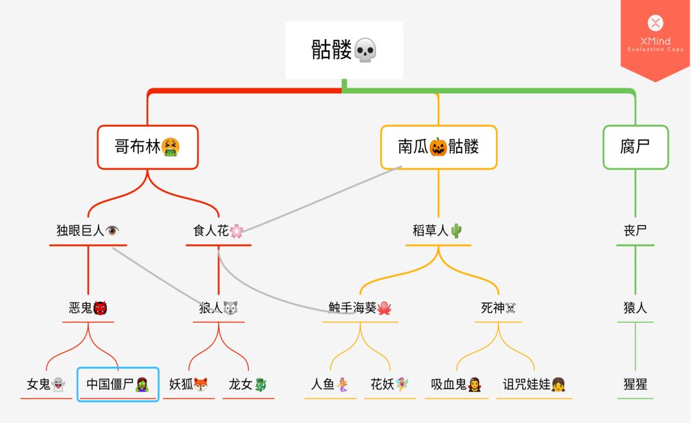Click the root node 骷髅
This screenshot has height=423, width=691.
coord(344,50)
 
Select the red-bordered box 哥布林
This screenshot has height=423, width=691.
coord(148,147)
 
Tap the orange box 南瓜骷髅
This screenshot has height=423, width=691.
coord(438,147)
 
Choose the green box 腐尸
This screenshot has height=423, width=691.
coord(635,147)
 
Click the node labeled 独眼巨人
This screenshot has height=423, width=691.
coord(88,231)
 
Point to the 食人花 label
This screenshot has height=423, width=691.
coord(218,231)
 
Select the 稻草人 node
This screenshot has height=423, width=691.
coord(438,231)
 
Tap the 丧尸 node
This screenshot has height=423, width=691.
coord(635,231)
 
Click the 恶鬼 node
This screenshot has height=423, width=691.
coord(88,308)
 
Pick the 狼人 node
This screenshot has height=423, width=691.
coord(219,308)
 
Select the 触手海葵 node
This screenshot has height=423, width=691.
coord(360,308)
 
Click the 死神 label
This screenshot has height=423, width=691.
coord(498,308)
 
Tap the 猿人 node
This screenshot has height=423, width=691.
coord(635,308)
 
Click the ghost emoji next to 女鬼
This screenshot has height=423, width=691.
coord(58,385)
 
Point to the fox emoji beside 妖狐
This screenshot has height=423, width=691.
coord(201,385)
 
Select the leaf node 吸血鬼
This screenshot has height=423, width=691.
coord(456,385)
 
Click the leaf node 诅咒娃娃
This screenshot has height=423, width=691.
coord(534,385)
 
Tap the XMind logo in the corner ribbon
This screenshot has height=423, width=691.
coord(655,24)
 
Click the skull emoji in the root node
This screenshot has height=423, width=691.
coord(365,50)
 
